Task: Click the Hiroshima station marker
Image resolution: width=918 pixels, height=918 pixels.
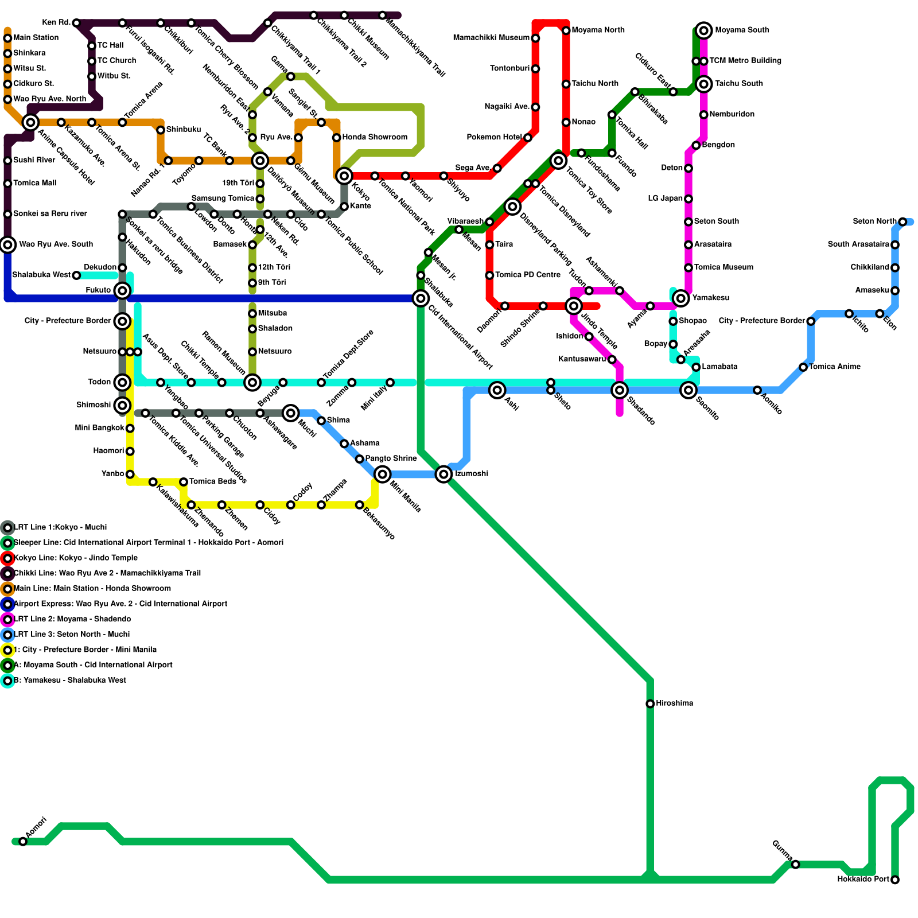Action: tap(650, 703)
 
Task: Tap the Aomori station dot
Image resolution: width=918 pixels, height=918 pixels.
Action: tap(23, 841)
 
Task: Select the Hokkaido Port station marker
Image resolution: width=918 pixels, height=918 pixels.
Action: tap(895, 880)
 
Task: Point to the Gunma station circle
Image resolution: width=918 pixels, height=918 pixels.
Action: tap(795, 864)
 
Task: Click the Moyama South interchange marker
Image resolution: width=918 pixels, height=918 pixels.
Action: tap(704, 30)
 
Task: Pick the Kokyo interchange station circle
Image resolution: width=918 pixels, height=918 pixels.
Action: tap(344, 176)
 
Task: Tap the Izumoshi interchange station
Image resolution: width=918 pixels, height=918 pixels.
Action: tap(444, 474)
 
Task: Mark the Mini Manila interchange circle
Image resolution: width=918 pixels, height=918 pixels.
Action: tap(382, 474)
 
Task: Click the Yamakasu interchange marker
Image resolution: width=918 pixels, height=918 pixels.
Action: tap(681, 298)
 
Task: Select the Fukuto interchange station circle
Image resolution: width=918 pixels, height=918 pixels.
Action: tap(122, 290)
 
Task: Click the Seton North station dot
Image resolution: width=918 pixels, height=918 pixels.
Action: tap(903, 221)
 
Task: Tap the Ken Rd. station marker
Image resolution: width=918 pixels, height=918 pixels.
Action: tap(76, 23)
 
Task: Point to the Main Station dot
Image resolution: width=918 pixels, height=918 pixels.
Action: tap(7, 38)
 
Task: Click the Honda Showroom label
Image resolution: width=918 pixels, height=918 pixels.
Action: tap(375, 137)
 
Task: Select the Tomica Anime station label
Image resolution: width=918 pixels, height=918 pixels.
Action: tap(835, 367)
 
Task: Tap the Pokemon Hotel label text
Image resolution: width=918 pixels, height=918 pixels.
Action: tap(494, 137)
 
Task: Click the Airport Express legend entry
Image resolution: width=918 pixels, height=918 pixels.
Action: tap(120, 604)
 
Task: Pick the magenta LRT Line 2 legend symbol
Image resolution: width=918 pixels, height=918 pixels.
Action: tap(7, 619)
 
